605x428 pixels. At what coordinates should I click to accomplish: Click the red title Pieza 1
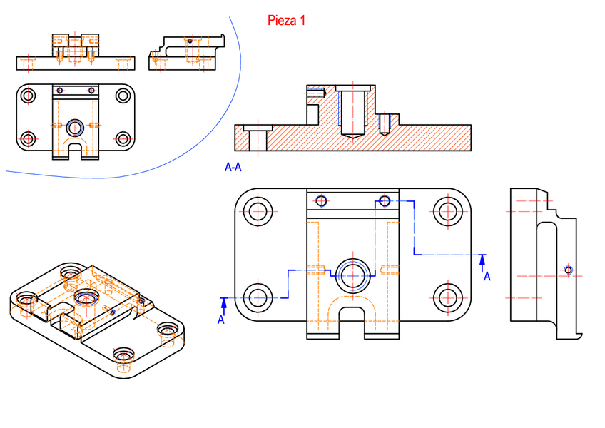[286, 21]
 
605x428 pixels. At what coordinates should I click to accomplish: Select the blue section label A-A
[233, 167]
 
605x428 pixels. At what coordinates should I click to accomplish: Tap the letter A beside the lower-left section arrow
[220, 320]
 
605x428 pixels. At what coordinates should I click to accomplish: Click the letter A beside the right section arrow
[487, 276]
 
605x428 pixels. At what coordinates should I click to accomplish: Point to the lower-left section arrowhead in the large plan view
[224, 304]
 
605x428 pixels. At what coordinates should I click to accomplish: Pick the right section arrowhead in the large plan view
[482, 260]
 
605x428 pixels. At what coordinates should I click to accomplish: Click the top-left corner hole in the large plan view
[258, 211]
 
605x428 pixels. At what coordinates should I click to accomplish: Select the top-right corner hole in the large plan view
[448, 211]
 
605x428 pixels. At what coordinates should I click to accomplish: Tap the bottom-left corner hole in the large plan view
[258, 298]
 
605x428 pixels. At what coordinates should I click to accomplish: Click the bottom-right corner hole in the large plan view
[448, 298]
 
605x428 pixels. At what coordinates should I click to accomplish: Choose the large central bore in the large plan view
[352, 275]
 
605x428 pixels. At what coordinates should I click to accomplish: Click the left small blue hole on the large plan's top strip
[321, 200]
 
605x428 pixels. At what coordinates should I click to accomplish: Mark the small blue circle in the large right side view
[568, 270]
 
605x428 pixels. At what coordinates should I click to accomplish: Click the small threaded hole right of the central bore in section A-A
[384, 124]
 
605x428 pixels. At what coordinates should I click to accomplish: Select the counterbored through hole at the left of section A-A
[258, 138]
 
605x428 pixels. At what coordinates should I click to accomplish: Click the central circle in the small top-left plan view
[75, 128]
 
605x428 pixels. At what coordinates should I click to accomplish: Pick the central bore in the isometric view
[86, 298]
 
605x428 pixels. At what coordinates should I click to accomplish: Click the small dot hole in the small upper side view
[190, 41]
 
